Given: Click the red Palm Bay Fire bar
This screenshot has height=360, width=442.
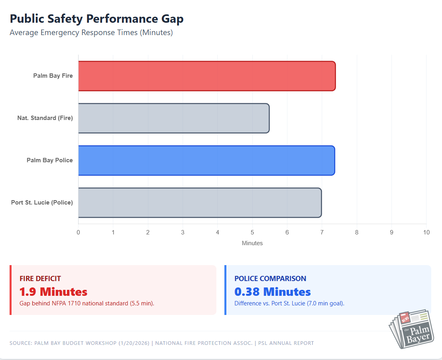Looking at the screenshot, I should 206,76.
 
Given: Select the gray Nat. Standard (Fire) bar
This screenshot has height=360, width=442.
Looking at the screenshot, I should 173,118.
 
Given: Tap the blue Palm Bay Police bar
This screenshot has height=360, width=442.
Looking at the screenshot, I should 206,160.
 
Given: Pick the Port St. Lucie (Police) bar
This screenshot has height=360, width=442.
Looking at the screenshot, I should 199,203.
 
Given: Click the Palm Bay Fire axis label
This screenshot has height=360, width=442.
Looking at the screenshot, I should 53,76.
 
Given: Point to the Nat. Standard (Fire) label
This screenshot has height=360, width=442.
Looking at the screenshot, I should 45,118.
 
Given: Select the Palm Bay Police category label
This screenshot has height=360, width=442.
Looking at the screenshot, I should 50,160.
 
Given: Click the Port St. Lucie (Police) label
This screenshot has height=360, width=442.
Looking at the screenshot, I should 42,203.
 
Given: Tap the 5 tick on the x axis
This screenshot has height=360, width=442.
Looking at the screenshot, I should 252,232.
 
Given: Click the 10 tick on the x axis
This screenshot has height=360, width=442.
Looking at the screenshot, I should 426,232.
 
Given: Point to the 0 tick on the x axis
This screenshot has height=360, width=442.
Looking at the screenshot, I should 78,232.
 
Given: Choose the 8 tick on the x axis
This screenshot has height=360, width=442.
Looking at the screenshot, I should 357,232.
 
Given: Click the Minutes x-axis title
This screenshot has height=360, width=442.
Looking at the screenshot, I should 252,243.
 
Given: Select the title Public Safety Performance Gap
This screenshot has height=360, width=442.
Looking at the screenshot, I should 96,19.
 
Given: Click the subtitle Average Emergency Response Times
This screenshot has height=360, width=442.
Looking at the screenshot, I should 91,33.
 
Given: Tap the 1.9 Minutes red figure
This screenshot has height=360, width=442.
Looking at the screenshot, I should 53,291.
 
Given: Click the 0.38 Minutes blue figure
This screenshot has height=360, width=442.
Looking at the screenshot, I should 273,291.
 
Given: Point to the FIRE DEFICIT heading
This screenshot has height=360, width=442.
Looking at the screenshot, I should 40,279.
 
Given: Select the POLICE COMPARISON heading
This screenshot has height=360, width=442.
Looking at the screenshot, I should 270,279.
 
